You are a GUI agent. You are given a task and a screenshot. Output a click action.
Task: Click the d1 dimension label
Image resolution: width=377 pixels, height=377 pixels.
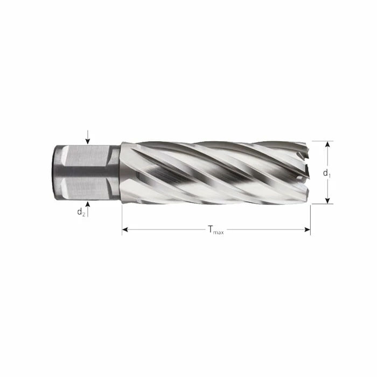pos(326,173)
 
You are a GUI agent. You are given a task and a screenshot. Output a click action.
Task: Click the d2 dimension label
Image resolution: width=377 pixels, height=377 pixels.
pos(81,212)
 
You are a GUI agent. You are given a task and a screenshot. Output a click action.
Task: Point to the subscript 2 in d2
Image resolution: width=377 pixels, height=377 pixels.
pos(83,214)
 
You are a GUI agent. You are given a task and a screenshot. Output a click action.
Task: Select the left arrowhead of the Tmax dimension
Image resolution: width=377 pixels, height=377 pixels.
pos(125,230)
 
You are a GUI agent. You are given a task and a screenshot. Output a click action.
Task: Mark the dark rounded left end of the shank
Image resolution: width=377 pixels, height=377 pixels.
pos(55,172)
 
